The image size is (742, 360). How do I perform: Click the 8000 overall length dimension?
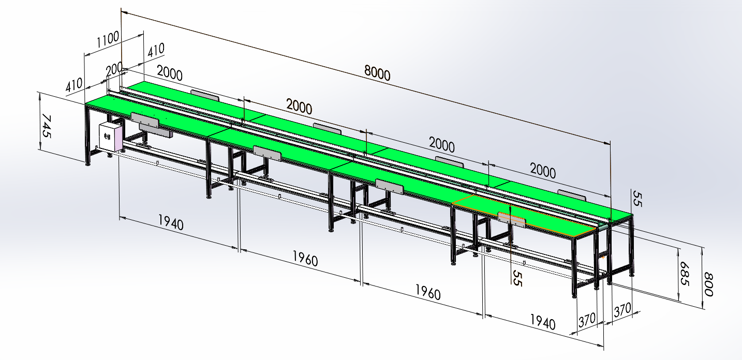click(377, 73)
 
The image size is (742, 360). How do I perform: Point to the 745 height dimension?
click(47, 126)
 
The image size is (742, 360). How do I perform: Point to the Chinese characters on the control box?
click(107, 137)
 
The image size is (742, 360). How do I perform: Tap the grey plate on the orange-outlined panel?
click(512, 220)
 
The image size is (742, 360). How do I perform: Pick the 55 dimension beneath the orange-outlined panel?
click(515, 278)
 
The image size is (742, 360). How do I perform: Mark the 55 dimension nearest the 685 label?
click(636, 199)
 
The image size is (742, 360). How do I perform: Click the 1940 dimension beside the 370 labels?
click(542, 322)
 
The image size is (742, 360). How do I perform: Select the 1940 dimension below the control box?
click(170, 223)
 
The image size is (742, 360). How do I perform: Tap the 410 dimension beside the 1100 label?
click(156, 50)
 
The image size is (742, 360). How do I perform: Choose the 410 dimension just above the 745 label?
click(74, 84)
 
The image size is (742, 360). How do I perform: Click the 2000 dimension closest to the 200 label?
click(169, 73)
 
